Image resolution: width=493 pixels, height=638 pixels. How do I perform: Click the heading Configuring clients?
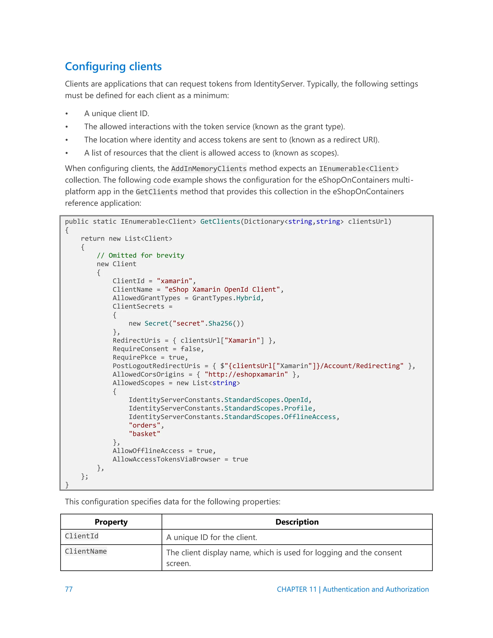[x=113, y=67]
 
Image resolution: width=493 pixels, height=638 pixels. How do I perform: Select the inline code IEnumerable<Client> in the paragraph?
[x=359, y=169]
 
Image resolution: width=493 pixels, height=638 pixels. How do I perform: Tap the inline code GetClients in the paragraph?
[x=156, y=192]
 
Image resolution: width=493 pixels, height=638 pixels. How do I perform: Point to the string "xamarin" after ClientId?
[x=174, y=281]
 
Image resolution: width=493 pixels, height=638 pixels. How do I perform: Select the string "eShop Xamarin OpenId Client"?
[x=222, y=289]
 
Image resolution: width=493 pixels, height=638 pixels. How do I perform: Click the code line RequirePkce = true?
[x=150, y=357]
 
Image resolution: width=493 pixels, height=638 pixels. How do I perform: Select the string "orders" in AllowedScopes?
[x=144, y=425]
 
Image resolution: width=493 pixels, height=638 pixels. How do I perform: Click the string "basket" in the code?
[x=144, y=434]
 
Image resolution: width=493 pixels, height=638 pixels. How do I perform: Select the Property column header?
[x=111, y=522]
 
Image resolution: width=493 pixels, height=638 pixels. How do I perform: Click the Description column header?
[x=297, y=522]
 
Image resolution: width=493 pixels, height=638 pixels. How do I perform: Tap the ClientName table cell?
[x=86, y=551]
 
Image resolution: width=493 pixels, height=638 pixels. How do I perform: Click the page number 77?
[x=69, y=589]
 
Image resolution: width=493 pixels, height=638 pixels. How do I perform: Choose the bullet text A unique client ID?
[x=117, y=113]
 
